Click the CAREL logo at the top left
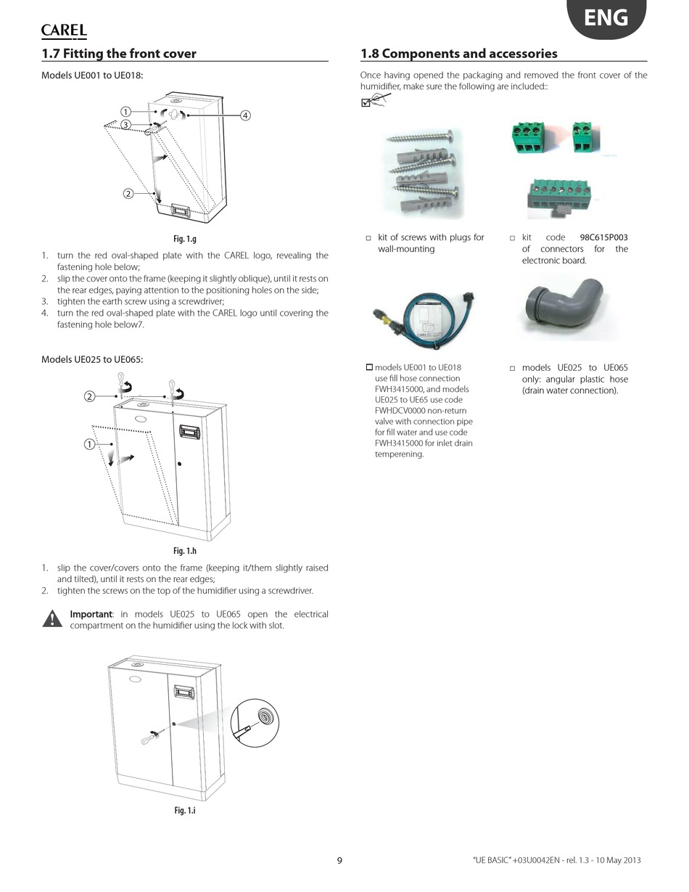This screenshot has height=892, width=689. click(64, 30)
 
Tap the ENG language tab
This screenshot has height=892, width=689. click(606, 17)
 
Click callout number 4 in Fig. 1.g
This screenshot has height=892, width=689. click(245, 115)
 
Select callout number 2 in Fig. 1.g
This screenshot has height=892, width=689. click(128, 193)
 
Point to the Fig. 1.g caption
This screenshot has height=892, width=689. click(185, 239)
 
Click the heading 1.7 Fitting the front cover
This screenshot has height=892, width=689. click(119, 54)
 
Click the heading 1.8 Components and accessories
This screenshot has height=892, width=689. click(458, 54)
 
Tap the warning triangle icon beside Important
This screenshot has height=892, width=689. click(52, 619)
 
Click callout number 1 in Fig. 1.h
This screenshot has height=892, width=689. click(89, 444)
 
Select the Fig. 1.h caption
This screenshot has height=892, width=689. click(185, 551)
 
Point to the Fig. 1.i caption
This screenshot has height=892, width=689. click(185, 810)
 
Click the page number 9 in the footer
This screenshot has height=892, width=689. click(339, 861)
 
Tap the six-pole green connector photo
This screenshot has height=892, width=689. click(559, 197)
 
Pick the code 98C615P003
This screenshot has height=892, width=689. click(603, 237)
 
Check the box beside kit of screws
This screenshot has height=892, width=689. click(368, 238)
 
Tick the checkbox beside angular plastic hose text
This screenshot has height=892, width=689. click(512, 369)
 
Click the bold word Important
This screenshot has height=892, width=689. click(91, 614)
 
